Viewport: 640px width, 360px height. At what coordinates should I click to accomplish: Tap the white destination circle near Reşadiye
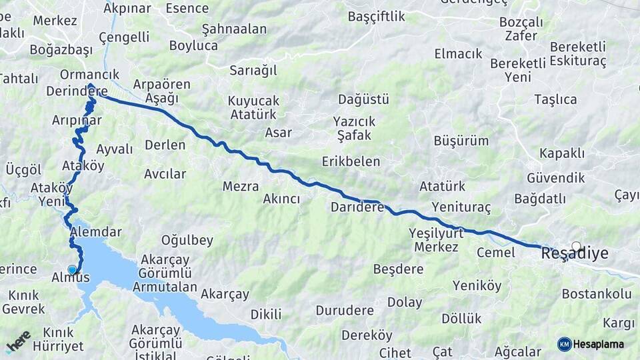click(x=577, y=246)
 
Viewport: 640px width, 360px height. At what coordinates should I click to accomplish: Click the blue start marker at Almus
click(x=72, y=269)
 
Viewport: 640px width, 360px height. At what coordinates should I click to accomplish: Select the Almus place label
click(x=71, y=277)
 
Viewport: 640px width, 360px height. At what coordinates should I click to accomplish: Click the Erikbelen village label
click(x=351, y=161)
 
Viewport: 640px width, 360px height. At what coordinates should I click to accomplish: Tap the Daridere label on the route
click(x=357, y=207)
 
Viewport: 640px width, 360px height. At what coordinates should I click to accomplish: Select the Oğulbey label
click(x=187, y=240)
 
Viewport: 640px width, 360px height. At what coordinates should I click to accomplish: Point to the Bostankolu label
click(x=597, y=293)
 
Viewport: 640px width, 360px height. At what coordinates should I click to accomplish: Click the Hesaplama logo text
click(x=599, y=345)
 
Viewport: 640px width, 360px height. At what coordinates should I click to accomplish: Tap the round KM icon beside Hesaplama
click(x=565, y=344)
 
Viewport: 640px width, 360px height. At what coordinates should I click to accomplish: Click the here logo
click(x=19, y=341)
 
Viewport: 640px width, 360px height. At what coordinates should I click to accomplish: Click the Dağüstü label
click(x=363, y=99)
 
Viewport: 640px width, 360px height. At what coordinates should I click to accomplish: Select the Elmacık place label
click(x=458, y=53)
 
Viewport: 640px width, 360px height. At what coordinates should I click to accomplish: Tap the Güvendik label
click(x=555, y=178)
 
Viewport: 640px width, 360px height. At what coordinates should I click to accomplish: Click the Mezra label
click(x=241, y=187)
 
